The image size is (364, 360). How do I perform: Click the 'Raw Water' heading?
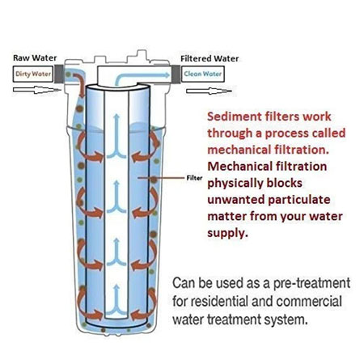point(35,58)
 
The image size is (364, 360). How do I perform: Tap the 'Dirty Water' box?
point(33,74)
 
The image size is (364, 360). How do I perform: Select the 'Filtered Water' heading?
point(210,58)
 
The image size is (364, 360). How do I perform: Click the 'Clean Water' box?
point(203,74)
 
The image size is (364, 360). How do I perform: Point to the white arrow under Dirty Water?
point(36,90)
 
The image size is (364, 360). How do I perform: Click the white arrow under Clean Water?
point(209,91)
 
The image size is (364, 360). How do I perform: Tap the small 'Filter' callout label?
point(194,178)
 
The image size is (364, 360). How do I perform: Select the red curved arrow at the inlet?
point(80,83)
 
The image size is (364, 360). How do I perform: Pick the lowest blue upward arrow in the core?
point(116,301)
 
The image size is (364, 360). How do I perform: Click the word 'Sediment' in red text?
point(235,116)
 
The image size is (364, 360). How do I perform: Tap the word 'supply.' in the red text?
point(227,234)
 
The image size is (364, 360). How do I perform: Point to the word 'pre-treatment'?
point(311,284)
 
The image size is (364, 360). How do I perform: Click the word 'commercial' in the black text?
point(309,301)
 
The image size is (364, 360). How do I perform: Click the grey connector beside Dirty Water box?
point(59,74)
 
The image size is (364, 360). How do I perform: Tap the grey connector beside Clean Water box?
point(176,74)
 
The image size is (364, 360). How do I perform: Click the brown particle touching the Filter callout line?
point(154,180)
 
